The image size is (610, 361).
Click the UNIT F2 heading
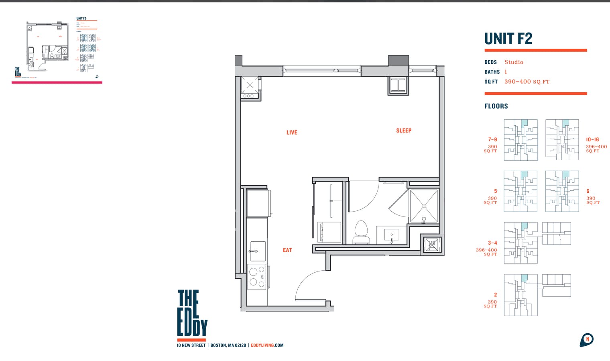pyautogui.click(x=508, y=39)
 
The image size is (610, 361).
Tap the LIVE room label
pyautogui.click(x=292, y=133)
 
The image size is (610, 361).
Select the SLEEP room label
pyautogui.click(x=403, y=131)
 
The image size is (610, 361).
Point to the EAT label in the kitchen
pyautogui.click(x=287, y=250)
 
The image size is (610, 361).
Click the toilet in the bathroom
pyautogui.click(x=361, y=232)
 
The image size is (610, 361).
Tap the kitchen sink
pyautogui.click(x=258, y=251)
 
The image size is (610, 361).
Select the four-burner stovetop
pyautogui.click(x=257, y=277)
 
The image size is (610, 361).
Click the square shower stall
pyautogui.click(x=424, y=206)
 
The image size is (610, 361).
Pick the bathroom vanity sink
pyautogui.click(x=392, y=235)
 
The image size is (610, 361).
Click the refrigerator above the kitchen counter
pyautogui.click(x=258, y=203)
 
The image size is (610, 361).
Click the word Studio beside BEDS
pyautogui.click(x=514, y=62)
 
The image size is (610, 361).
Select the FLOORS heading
pyautogui.click(x=496, y=106)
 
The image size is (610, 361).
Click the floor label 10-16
pyautogui.click(x=592, y=140)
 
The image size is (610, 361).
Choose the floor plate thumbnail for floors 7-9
pyautogui.click(x=521, y=140)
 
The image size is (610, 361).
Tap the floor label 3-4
pyautogui.click(x=492, y=243)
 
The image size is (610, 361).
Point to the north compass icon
pyautogui.click(x=586, y=340)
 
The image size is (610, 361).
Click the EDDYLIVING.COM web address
pyautogui.click(x=267, y=345)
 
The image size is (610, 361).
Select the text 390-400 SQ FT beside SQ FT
pyautogui.click(x=527, y=82)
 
